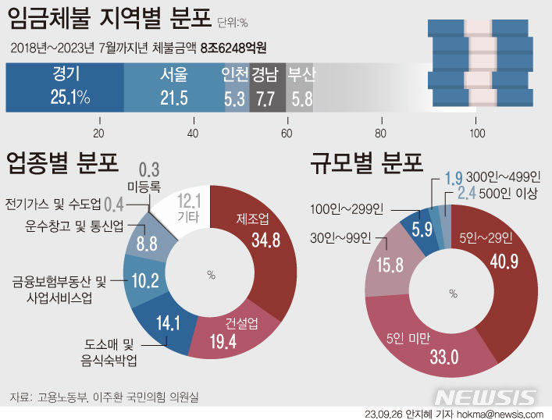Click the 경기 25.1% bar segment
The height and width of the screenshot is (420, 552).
coord(66,87)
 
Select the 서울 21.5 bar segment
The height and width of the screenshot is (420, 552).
coord(173,87)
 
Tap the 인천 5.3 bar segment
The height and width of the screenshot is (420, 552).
coord(236,87)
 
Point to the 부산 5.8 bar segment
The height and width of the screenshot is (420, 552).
coord(300,87)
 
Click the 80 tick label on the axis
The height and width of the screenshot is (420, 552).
coord(381,131)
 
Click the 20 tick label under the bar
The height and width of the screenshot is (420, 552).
coord(99,131)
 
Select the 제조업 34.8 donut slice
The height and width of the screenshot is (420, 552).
coord(260,234)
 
